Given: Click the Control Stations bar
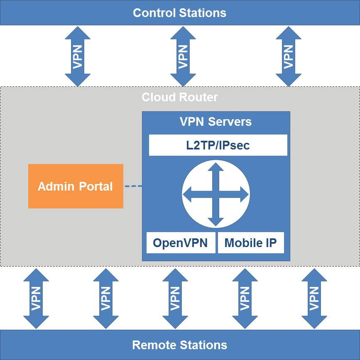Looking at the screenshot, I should click(x=180, y=12).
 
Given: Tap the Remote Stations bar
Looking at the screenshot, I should click(x=180, y=345).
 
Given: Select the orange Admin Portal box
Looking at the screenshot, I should click(x=76, y=186).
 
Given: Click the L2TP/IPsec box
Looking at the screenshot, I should click(x=218, y=145).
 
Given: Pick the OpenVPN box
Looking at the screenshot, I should click(x=181, y=243).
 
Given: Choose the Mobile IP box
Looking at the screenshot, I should click(x=250, y=243).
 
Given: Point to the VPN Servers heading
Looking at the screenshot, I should click(x=216, y=122).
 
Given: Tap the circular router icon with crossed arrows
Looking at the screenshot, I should click(x=216, y=194).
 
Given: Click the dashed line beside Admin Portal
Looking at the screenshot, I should click(x=133, y=186).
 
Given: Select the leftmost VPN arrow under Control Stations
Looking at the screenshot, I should click(x=78, y=56).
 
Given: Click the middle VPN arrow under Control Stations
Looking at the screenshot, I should click(x=183, y=56).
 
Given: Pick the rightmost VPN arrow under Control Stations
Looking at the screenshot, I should click(x=288, y=56).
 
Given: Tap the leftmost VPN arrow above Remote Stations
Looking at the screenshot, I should click(x=36, y=298).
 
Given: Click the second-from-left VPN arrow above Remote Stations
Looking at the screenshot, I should click(x=106, y=298).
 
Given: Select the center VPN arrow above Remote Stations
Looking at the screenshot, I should click(x=175, y=298).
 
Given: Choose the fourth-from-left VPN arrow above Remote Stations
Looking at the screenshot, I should click(x=245, y=298).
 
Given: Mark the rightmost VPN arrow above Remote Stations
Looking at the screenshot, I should click(x=314, y=298).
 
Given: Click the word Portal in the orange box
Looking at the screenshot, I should click(x=94, y=186).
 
